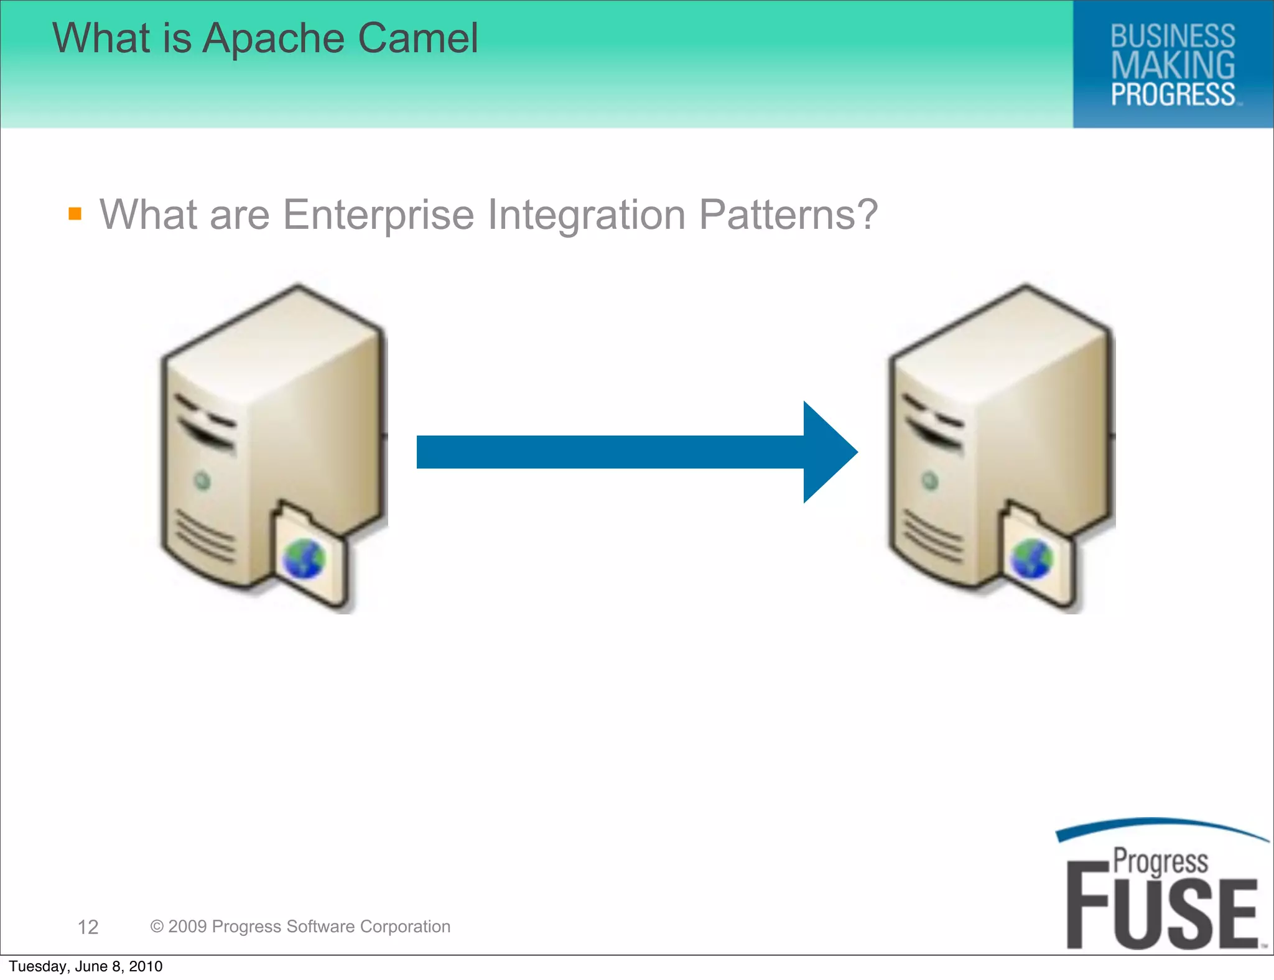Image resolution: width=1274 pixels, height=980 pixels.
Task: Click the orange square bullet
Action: [x=75, y=214]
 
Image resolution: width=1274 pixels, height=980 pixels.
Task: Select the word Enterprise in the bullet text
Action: [x=378, y=215]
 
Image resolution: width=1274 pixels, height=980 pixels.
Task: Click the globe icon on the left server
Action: [x=304, y=559]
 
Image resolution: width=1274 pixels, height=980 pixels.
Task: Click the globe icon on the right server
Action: [x=1031, y=559]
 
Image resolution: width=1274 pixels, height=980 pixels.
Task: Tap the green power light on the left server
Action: [x=202, y=480]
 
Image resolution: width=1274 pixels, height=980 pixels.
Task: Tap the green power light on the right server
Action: [x=929, y=480]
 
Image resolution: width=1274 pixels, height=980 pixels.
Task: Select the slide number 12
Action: [x=88, y=927]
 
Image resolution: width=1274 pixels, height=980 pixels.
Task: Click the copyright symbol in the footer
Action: [x=157, y=927]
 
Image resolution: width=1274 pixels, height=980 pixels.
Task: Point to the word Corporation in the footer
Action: [x=405, y=927]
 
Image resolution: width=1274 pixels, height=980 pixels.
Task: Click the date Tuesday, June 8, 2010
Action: [x=86, y=966]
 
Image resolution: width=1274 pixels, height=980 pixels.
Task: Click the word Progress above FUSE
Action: [x=1160, y=861]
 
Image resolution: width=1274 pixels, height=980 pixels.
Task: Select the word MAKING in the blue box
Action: [x=1173, y=65]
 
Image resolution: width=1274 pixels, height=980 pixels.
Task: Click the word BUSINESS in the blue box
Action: [x=1173, y=36]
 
